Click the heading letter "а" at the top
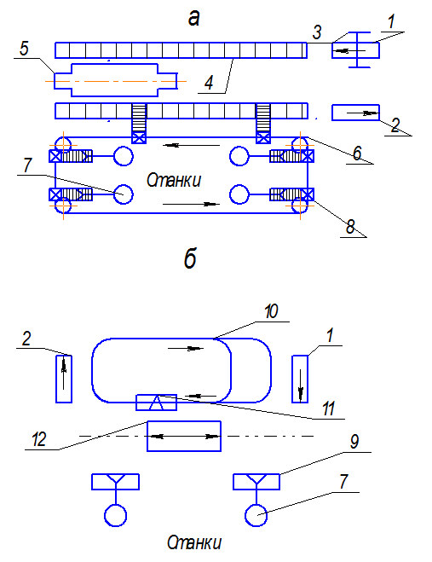[193, 19]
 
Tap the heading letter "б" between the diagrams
[190, 258]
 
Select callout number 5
[24, 49]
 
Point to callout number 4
[209, 83]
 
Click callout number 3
[317, 32]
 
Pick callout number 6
[357, 154]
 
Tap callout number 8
[350, 226]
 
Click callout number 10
[271, 311]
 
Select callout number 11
[328, 408]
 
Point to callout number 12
[39, 439]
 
